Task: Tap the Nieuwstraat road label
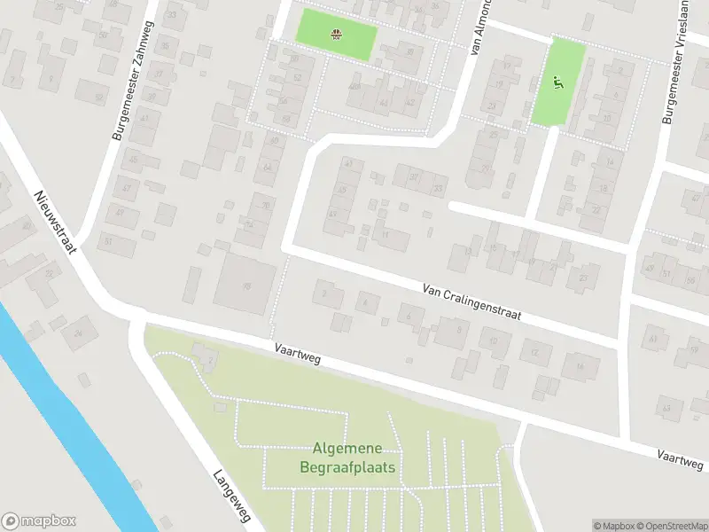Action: [x=55, y=222]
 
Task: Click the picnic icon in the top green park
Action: [x=337, y=35]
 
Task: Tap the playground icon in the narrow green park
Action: [x=558, y=84]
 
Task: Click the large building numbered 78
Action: [x=245, y=284]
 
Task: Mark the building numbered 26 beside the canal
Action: [x=79, y=332]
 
